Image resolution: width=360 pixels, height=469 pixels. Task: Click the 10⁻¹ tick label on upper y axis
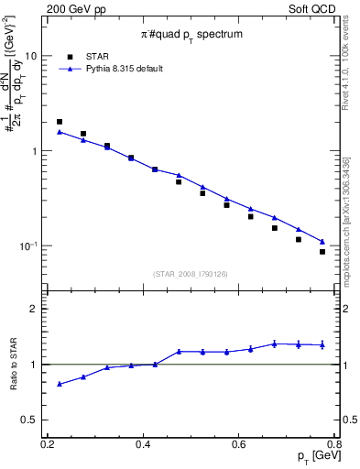(29, 246)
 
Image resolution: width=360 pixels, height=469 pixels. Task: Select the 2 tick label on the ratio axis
(36, 309)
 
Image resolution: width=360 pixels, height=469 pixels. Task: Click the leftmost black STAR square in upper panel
(60, 122)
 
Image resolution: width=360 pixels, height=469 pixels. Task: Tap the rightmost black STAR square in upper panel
(322, 252)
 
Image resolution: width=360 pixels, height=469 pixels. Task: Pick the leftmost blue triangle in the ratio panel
(60, 384)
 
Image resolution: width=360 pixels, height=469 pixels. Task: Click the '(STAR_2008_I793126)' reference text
(191, 273)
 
